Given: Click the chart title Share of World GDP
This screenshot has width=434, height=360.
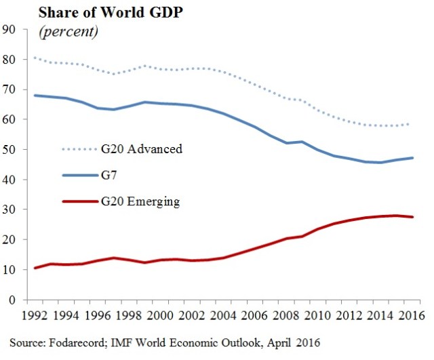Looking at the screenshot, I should tap(100, 14).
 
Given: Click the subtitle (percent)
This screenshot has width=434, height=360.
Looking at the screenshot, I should tap(68, 31).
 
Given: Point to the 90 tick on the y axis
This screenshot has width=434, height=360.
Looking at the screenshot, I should tap(10, 29).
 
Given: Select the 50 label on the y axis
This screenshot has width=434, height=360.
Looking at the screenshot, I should tap(10, 149).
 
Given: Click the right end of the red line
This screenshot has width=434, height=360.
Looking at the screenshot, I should tap(414, 217).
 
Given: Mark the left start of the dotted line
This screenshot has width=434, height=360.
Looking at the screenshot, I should tap(35, 58).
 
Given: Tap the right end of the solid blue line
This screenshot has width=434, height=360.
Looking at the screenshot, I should tap(414, 158).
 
